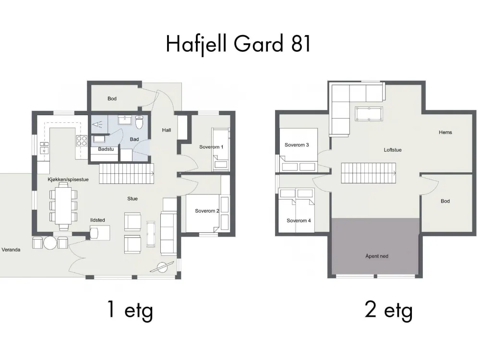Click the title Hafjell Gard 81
(x=238, y=44)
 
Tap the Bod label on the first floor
(x=112, y=98)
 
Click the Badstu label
(x=106, y=149)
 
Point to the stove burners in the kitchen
(x=82, y=141)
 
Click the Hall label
(x=167, y=130)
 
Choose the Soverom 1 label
(x=211, y=147)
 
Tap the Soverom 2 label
(x=207, y=211)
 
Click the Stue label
(x=132, y=199)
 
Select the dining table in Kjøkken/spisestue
(x=63, y=206)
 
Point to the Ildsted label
(x=97, y=220)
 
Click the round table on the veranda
(x=50, y=243)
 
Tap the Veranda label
(x=11, y=250)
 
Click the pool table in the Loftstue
(x=369, y=114)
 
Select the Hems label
(x=445, y=132)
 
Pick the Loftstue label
(x=393, y=150)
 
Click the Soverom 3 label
(x=297, y=145)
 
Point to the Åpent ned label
(x=377, y=256)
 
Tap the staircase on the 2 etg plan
(x=369, y=173)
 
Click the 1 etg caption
(x=130, y=311)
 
